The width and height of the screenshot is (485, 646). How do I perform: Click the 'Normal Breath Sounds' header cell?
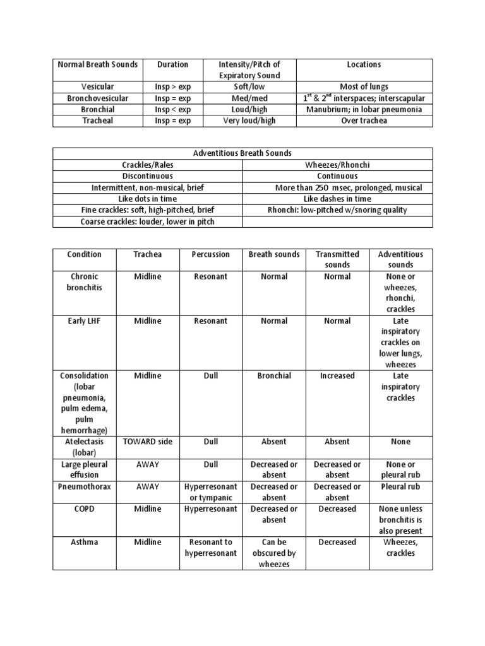98,64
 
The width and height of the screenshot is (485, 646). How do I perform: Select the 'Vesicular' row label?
98,87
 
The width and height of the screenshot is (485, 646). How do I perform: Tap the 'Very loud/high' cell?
249,120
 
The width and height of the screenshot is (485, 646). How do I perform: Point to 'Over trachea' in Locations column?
364,120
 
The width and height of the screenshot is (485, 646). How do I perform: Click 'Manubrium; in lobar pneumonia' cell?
364,109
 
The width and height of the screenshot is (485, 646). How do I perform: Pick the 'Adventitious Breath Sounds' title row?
242,153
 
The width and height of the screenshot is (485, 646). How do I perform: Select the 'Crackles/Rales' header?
148,165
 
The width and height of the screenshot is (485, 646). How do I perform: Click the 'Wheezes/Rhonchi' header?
338,165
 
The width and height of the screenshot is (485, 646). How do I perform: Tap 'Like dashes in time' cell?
338,199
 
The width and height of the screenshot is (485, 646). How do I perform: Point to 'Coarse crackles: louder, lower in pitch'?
148,221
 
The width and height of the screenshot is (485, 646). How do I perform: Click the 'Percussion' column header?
210,254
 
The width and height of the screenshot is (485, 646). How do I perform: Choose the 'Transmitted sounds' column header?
337,259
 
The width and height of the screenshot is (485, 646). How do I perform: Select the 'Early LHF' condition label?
84,320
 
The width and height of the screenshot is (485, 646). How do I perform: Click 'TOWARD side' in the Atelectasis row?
147,442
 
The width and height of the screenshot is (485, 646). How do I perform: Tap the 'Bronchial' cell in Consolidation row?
274,375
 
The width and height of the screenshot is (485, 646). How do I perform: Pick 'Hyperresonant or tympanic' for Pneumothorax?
210,492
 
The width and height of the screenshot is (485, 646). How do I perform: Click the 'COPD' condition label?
84,508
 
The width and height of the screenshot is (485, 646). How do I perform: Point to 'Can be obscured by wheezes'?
274,553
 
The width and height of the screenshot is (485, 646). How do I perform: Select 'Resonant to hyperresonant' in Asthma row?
210,548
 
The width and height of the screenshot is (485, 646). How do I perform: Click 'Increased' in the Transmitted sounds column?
337,375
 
